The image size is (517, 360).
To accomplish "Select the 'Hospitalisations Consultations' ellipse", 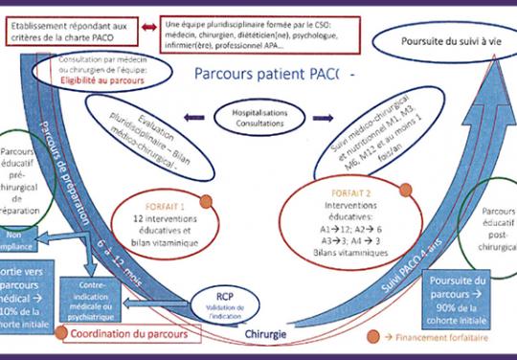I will (x=254, y=119).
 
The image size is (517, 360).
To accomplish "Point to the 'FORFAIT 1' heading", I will (x=164, y=202).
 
